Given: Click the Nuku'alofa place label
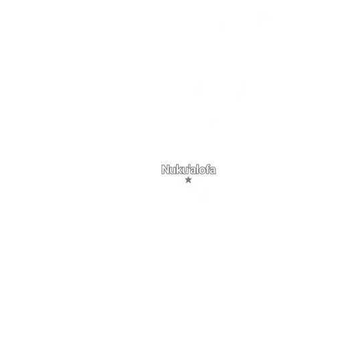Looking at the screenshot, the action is pyautogui.click(x=189, y=169).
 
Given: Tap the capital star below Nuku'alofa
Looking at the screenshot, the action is pyautogui.click(x=188, y=180).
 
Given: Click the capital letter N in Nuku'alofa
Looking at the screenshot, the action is pyautogui.click(x=165, y=169).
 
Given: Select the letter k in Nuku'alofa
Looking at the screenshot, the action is pyautogui.click(x=180, y=169).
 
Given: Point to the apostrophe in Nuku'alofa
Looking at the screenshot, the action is pyautogui.click(x=189, y=166).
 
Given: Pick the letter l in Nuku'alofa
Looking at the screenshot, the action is pyautogui.click(x=197, y=169).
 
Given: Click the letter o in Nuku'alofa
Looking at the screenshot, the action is pyautogui.click(x=202, y=171).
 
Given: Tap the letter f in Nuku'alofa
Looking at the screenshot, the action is pyautogui.click(x=207, y=169).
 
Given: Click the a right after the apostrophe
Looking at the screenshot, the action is pyautogui.click(x=193, y=171).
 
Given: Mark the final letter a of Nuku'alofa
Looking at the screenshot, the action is pyautogui.click(x=213, y=171).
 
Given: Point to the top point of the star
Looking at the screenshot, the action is pyautogui.click(x=188, y=177).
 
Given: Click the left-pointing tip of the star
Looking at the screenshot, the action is pyautogui.click(x=185, y=179).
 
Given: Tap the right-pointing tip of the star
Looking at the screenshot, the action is pyautogui.click(x=192, y=179).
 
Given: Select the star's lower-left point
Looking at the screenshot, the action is pyautogui.click(x=186, y=183).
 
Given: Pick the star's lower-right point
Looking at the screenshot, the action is pyautogui.click(x=191, y=183).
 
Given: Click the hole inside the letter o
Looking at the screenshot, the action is pyautogui.click(x=202, y=171).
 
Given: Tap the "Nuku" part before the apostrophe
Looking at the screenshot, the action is pyautogui.click(x=175, y=169).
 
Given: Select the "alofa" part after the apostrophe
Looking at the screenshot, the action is pyautogui.click(x=203, y=169).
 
